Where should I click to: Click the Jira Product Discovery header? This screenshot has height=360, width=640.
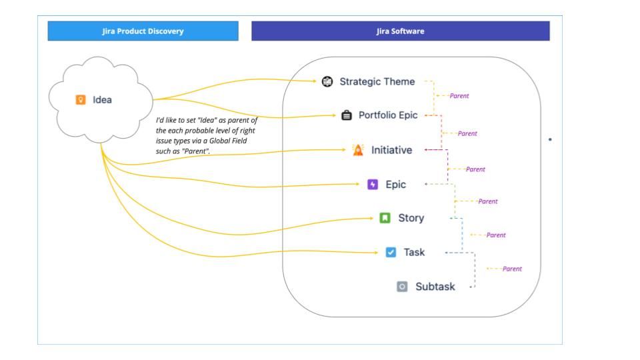(143, 31)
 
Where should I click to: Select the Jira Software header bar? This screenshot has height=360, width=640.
(400, 31)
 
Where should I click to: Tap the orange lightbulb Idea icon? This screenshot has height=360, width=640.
(81, 100)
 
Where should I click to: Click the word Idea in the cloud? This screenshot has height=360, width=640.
(102, 100)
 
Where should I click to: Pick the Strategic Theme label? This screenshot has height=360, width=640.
(377, 81)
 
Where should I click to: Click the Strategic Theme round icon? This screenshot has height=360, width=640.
(327, 81)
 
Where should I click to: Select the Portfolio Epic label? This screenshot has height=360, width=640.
(388, 115)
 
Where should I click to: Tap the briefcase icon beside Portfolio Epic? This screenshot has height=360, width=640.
(347, 115)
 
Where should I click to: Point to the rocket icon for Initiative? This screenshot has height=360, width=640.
(358, 150)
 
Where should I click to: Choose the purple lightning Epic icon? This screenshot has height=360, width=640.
(373, 185)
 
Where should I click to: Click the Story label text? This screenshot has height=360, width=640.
(411, 218)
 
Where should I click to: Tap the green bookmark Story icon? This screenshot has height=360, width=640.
(385, 218)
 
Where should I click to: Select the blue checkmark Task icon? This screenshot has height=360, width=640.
(391, 253)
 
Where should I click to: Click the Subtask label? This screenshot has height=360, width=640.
(435, 287)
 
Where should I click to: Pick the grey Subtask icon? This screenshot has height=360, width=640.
(402, 287)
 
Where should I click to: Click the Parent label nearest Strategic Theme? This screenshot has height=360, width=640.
(459, 96)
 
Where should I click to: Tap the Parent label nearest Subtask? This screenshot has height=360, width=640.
(512, 269)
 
